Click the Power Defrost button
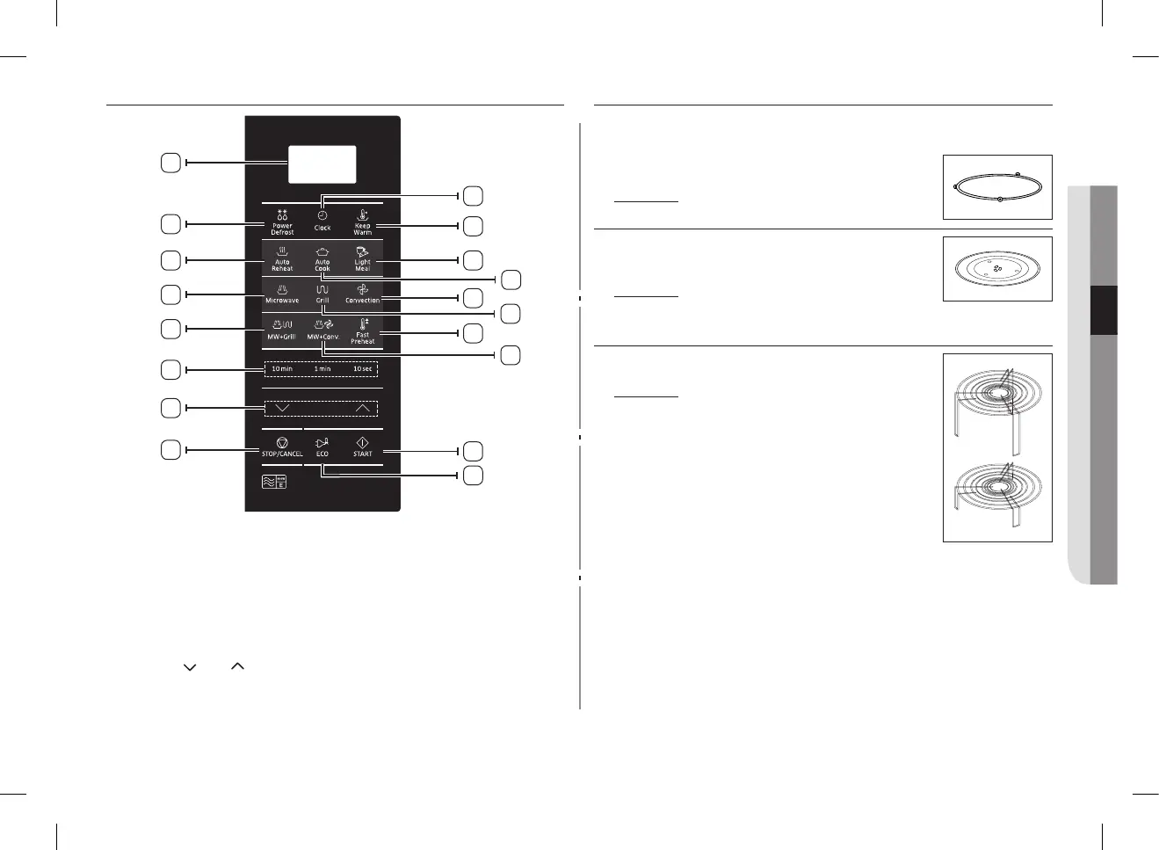[x=282, y=222]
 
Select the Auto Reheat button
[x=282, y=259]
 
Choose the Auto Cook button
[x=322, y=259]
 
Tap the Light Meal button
[x=363, y=259]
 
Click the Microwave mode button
[x=282, y=294]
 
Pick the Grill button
[x=322, y=294]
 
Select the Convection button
[x=363, y=294]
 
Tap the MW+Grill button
[x=282, y=330]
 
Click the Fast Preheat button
[x=363, y=331]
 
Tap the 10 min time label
[x=282, y=369]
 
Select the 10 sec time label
[x=363, y=369]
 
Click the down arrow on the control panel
[x=282, y=409]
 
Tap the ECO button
[x=322, y=447]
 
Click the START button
[x=363, y=447]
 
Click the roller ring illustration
[x=997, y=187]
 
